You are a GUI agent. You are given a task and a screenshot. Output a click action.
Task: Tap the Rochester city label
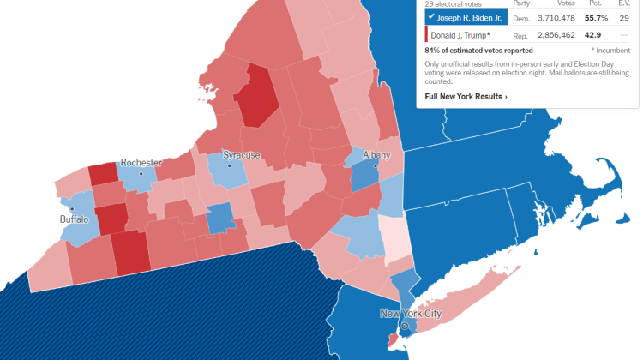coord(141,162)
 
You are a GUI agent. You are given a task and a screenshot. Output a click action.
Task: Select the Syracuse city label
coord(241,155)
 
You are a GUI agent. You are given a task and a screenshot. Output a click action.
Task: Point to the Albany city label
coord(376,154)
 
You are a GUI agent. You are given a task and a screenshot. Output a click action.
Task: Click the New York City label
coord(411,314)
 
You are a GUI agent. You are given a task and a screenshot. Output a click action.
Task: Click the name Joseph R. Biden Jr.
coord(470,16)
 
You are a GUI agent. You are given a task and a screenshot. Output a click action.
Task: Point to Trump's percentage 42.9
coord(593,35)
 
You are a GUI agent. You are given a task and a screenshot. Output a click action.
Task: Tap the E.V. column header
coord(623,3)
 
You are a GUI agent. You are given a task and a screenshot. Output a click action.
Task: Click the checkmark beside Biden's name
coord(430,16)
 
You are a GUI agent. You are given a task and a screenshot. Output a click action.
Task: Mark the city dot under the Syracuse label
coord(229,165)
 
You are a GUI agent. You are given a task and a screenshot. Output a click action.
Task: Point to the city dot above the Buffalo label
coord(72,208)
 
